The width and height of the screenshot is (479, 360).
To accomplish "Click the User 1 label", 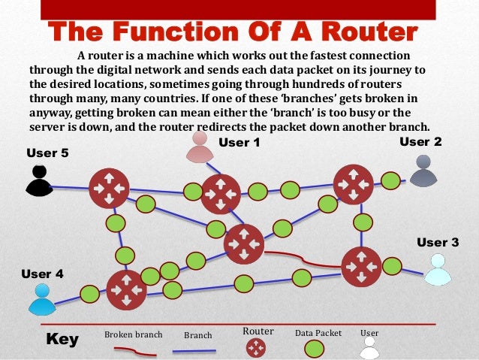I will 239,143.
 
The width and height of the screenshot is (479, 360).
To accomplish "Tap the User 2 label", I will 420,141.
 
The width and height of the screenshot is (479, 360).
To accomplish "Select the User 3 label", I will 437,242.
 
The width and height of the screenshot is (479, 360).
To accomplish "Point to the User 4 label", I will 42,274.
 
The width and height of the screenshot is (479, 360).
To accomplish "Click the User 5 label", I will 47,153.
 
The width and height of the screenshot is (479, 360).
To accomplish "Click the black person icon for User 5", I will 40,181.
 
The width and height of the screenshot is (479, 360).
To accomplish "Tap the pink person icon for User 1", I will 200,148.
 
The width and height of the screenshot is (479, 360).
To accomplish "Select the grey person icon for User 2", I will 423,171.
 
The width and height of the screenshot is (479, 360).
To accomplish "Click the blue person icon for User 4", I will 42,300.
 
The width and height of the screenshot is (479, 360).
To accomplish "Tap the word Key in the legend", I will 62,340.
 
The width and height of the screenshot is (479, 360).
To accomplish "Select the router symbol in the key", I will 256,347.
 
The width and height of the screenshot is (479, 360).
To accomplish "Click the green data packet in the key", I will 314,349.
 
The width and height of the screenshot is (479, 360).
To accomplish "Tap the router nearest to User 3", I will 361,266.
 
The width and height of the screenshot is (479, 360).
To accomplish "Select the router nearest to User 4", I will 125,290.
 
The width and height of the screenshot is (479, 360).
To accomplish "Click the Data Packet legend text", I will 318,332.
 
